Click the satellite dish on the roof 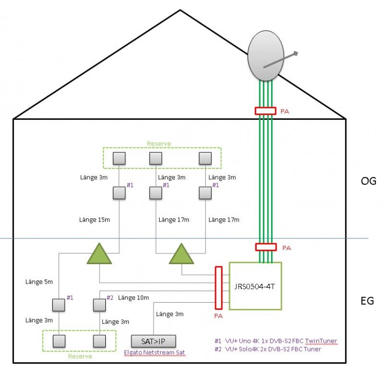point(266,59)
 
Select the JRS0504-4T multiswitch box point(255,286)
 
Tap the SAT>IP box point(155,341)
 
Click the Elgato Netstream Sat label point(155,352)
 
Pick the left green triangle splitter point(99,255)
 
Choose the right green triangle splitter point(181,255)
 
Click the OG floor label point(369,181)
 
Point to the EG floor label point(367,301)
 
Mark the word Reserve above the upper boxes point(159,144)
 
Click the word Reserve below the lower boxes point(80,356)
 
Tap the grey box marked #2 point(100,304)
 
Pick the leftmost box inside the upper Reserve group point(119,158)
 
